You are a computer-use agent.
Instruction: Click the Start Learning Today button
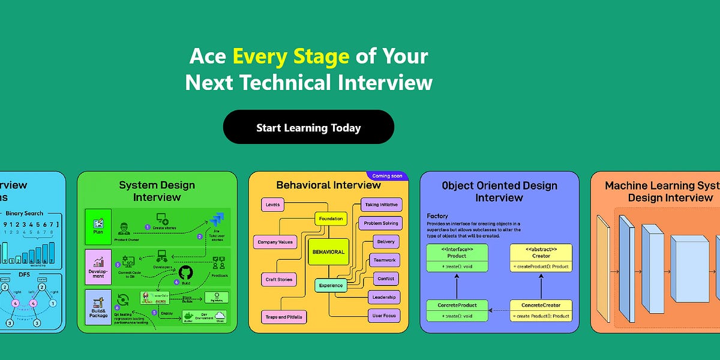pyautogui.click(x=308, y=127)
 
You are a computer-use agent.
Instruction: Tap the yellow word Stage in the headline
pyautogui.click(x=321, y=56)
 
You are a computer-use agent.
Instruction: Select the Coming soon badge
pyautogui.click(x=386, y=176)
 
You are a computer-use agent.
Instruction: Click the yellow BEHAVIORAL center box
pyautogui.click(x=328, y=252)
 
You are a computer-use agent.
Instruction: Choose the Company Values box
pyautogui.click(x=275, y=242)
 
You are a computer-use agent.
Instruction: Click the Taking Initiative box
pyautogui.click(x=381, y=205)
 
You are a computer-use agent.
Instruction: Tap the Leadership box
pyautogui.click(x=384, y=296)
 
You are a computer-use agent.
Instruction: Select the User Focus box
pyautogui.click(x=384, y=315)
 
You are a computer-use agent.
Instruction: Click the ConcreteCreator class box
pyautogui.click(x=541, y=310)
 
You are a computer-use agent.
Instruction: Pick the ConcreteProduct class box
pyautogui.click(x=457, y=310)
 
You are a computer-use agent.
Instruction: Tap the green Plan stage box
pyautogui.click(x=98, y=226)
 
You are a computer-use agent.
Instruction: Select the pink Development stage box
pyautogui.click(x=98, y=268)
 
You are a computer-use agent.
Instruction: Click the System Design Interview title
pyautogui.click(x=157, y=191)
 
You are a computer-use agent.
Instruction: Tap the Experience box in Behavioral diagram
pyautogui.click(x=331, y=286)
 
